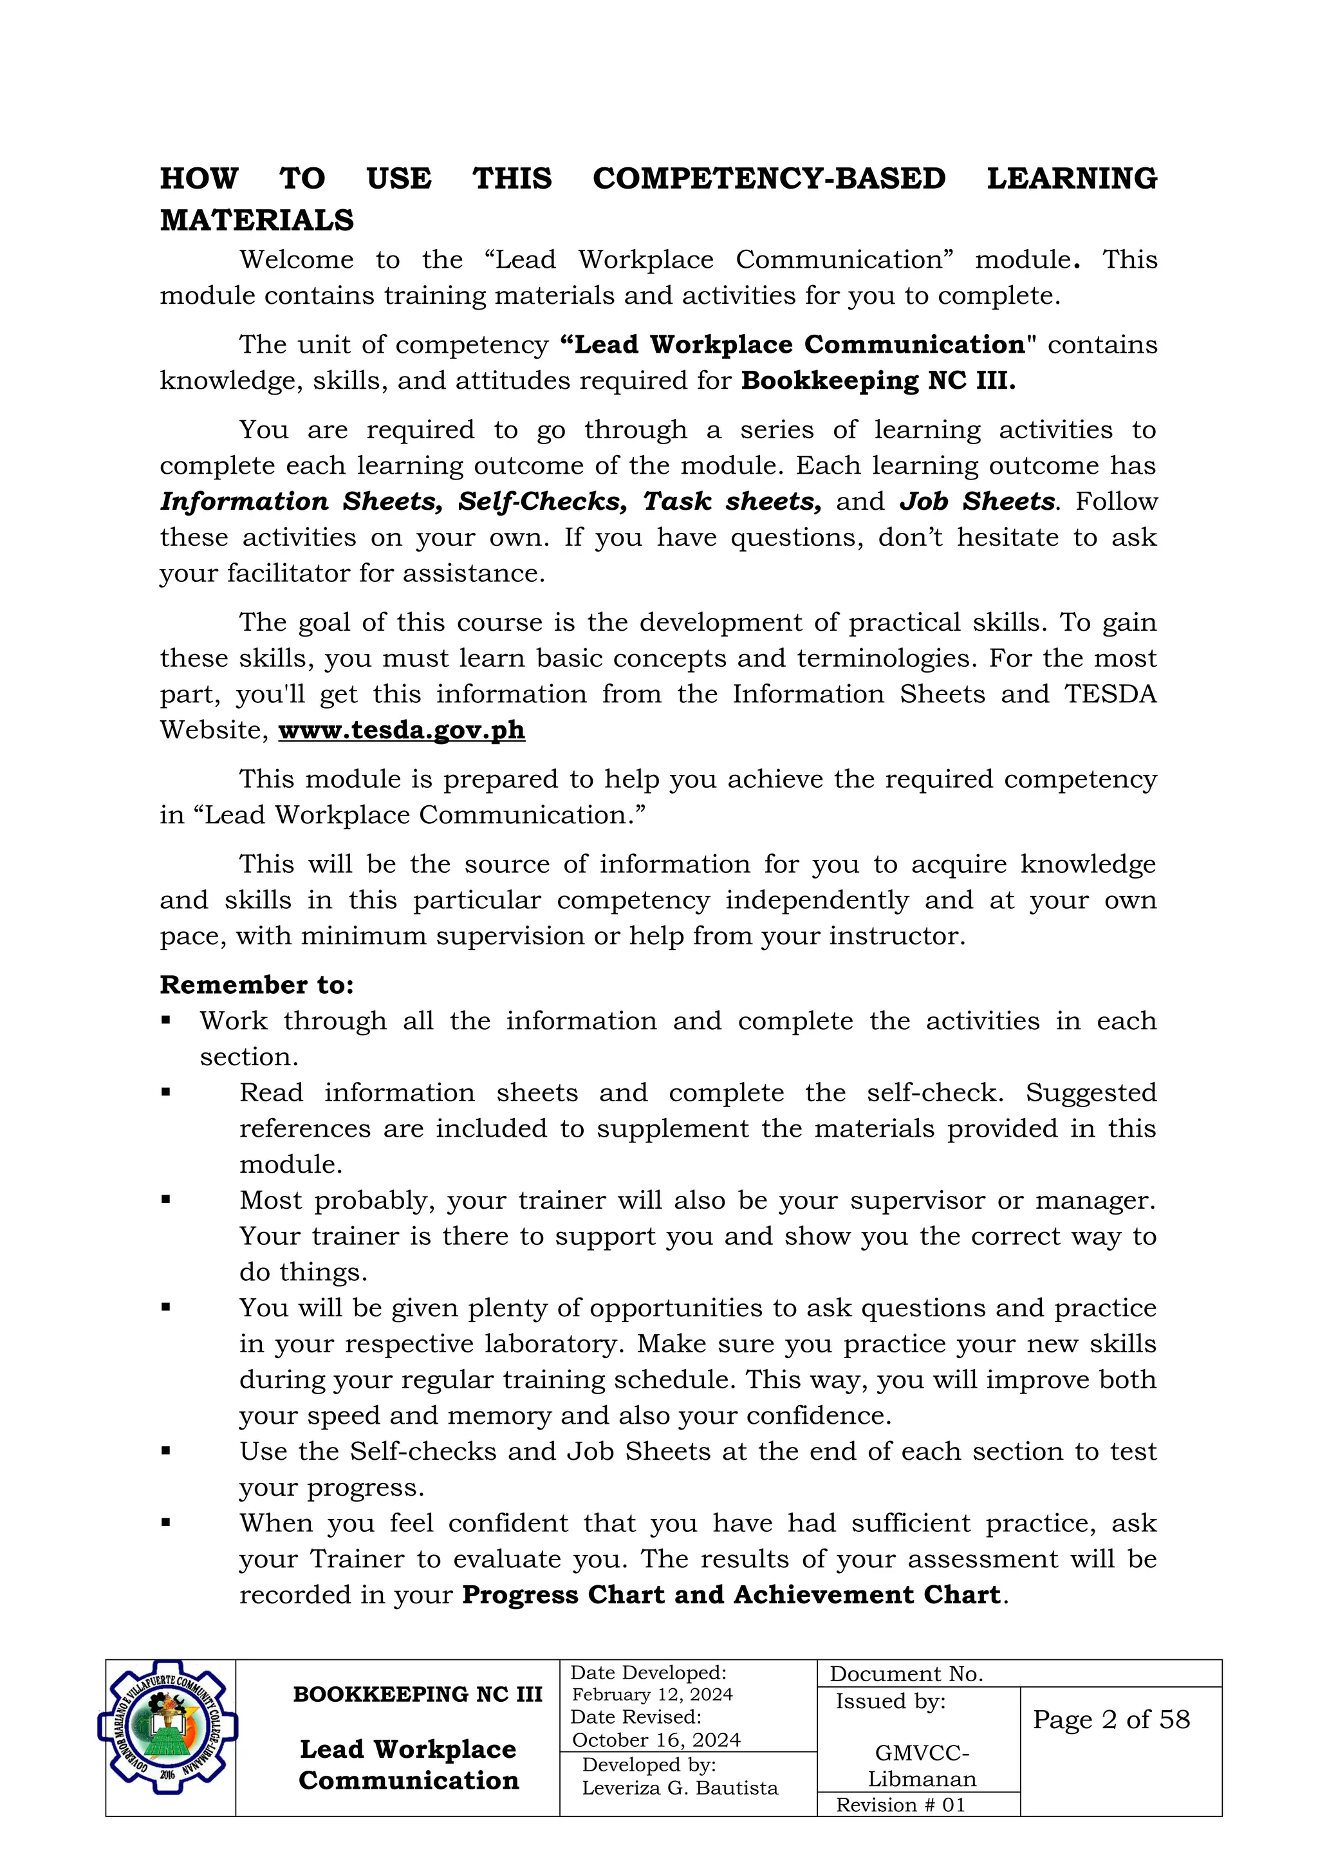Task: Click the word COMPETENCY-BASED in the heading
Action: click(x=768, y=178)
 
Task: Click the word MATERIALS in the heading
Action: click(x=257, y=221)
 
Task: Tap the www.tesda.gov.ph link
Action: click(x=402, y=730)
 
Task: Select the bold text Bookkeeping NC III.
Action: click(x=878, y=381)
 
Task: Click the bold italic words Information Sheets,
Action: click(x=301, y=501)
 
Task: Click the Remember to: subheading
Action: click(x=257, y=985)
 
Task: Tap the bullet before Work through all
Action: click(x=165, y=1020)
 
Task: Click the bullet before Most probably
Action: click(x=165, y=1199)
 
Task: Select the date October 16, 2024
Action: click(x=656, y=1740)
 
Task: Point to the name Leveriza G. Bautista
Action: click(x=680, y=1789)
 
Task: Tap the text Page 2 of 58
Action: click(x=1110, y=1719)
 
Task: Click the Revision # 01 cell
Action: click(x=901, y=1805)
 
